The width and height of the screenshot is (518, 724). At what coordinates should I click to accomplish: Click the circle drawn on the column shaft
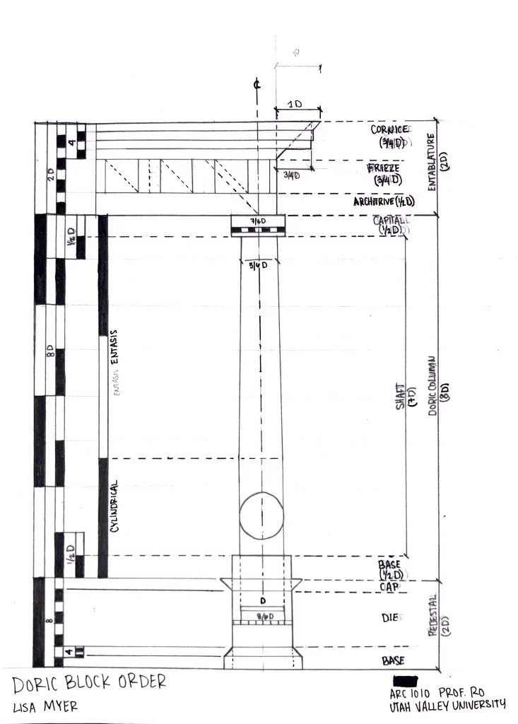point(261,514)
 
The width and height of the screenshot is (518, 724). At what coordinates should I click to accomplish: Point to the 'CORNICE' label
point(391,130)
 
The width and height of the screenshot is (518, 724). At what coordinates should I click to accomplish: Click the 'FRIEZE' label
point(387,168)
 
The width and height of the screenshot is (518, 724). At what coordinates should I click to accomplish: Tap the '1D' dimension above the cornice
point(294,104)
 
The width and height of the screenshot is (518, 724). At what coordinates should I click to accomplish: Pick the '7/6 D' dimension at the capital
point(257,222)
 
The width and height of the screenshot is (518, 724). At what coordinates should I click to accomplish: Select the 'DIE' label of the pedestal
point(391,618)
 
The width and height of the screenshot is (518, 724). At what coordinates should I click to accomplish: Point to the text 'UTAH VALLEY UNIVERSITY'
point(447,704)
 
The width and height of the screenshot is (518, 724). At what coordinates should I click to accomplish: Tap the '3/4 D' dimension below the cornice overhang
point(290,175)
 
